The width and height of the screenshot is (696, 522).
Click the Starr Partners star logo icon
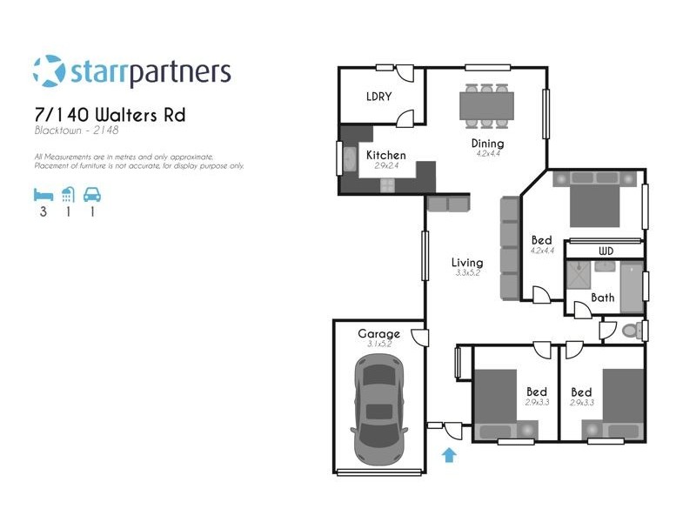[49, 71]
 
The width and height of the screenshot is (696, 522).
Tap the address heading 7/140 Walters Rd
[110, 115]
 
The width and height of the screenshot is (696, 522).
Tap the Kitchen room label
[386, 155]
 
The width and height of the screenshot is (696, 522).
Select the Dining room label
[488, 144]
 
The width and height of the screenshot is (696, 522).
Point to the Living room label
[467, 262]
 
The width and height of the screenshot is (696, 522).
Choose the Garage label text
[379, 333]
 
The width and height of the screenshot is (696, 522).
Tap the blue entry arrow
[449, 454]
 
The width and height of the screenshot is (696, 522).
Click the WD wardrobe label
[606, 251]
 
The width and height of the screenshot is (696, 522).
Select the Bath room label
[602, 298]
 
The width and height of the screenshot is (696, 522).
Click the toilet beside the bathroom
[633, 331]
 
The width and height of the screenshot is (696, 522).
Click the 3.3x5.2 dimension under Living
[467, 273]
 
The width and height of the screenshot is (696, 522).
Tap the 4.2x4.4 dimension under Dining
[488, 154]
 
